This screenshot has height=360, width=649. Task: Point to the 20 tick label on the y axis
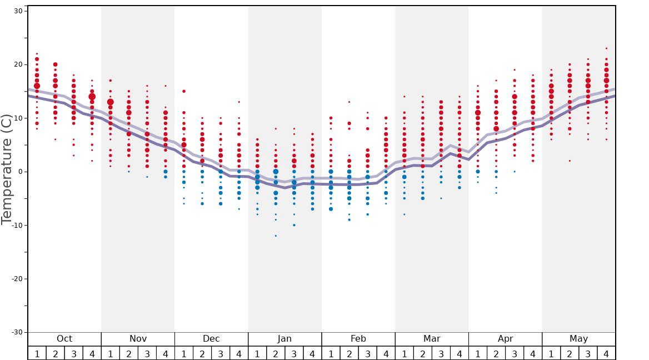[x=18, y=64]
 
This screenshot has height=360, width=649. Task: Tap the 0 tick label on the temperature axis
[x=19, y=172]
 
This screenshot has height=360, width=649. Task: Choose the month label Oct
[x=64, y=339]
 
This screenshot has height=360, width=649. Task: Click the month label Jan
[x=284, y=339]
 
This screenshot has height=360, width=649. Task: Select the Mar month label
[x=432, y=339]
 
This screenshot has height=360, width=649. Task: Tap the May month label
[x=578, y=339]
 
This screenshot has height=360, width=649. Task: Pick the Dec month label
[x=211, y=339]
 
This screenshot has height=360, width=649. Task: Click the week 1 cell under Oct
[x=37, y=353]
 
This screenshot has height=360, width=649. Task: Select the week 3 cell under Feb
[x=367, y=353]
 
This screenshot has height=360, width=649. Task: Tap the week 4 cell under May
[x=606, y=353]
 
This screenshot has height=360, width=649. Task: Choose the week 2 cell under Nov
[x=129, y=353]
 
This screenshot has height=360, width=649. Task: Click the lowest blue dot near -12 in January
[x=276, y=236]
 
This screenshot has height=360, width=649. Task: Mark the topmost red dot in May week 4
[x=606, y=48]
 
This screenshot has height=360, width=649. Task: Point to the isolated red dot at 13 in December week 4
[x=239, y=102]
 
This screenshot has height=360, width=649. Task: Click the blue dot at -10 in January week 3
[x=294, y=225]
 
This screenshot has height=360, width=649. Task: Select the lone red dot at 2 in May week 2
[x=570, y=161]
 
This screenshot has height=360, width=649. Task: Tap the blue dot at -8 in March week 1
[x=404, y=214]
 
